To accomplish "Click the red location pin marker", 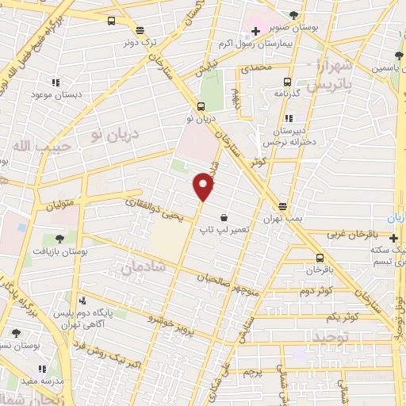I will [x=204, y=187].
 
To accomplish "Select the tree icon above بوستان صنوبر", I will [x=295, y=15].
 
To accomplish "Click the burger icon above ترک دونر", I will [x=110, y=21].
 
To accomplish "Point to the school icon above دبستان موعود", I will [x=56, y=82].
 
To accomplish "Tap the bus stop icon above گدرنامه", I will [x=287, y=81].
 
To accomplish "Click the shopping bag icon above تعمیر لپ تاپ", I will [x=225, y=216].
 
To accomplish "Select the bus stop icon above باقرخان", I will [x=320, y=258].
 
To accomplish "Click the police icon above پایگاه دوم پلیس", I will [x=82, y=301].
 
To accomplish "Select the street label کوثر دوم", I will [x=315, y=291].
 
